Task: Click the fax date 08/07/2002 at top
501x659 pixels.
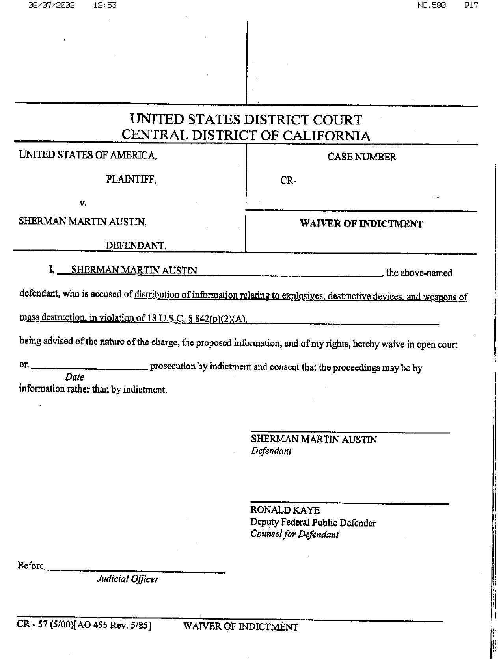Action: point(51,5)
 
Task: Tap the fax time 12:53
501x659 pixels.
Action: point(105,5)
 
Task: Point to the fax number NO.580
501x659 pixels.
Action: point(432,5)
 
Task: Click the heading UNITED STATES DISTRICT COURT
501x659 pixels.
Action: point(246,119)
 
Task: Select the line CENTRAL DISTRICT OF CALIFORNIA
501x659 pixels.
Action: point(246,135)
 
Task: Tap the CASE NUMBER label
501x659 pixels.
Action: point(361,157)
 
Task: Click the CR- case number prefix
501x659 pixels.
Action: point(288,180)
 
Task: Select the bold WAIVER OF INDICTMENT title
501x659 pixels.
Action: point(361,224)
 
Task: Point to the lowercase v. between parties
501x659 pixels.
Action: point(83,203)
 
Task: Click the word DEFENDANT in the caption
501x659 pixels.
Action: point(135,245)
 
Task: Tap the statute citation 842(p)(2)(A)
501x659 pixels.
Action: point(221,318)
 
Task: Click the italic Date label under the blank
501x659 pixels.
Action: point(74,377)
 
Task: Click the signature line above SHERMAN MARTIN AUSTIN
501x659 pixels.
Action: point(350,433)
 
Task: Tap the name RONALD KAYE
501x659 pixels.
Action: point(285,510)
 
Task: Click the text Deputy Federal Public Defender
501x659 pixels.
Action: point(313,523)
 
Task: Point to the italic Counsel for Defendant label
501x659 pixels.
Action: point(294,534)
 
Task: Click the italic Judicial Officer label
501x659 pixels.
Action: point(127,579)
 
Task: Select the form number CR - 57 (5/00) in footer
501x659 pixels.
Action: point(45,626)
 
